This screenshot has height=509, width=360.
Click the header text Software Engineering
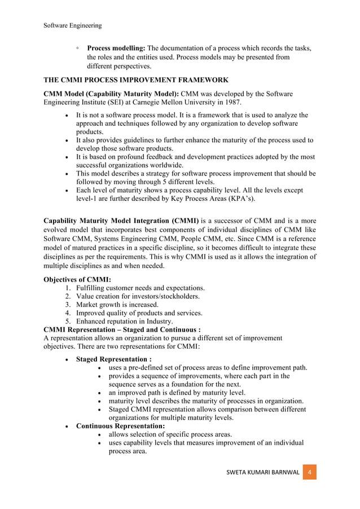coord(73,25)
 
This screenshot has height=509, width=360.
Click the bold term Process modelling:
coord(116,48)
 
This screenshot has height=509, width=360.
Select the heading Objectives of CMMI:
coord(77,279)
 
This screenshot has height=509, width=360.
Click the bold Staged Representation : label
coord(113,359)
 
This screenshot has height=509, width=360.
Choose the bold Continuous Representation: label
coord(120,425)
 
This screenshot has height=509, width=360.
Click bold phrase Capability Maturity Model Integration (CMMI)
coord(121,221)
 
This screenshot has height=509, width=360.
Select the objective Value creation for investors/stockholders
coord(138,296)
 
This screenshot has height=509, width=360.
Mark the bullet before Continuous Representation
coord(68,426)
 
